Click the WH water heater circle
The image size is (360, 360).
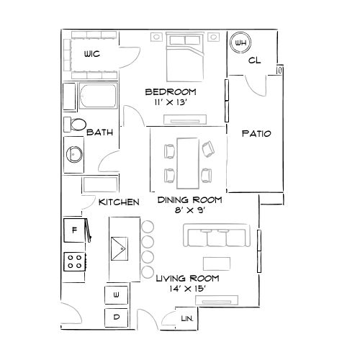point(240,42)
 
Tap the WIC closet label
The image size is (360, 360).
point(92,54)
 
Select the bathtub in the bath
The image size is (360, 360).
point(98,96)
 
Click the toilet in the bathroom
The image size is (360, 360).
point(75,125)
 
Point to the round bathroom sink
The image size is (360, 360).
point(74,154)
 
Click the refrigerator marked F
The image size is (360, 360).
point(74,230)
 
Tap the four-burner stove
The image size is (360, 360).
point(74,262)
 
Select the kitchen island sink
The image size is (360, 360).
point(120,248)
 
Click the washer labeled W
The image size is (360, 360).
point(116,295)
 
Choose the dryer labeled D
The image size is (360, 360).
point(116,318)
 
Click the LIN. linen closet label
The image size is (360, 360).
point(187,319)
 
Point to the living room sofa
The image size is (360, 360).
point(217,235)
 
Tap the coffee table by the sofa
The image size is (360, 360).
point(217,264)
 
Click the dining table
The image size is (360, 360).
point(188,163)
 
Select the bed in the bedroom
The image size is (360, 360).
point(185,58)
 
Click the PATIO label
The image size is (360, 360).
point(256,133)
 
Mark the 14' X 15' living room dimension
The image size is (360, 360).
point(188,289)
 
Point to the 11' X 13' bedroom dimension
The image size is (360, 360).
point(171,102)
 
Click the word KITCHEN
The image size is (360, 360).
point(119,202)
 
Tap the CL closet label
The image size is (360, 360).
point(254,60)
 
